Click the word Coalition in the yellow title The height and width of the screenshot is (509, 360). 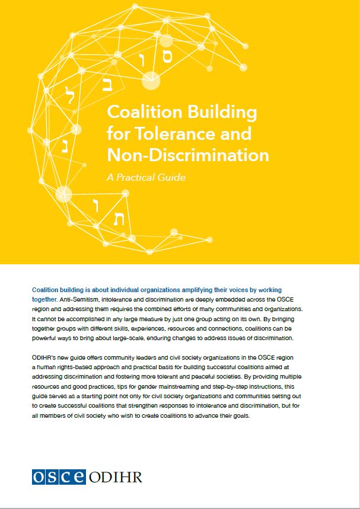(x=141, y=113)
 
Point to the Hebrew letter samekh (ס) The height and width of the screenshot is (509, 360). (x=167, y=57)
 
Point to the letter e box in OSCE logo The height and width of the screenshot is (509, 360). (x=79, y=476)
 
